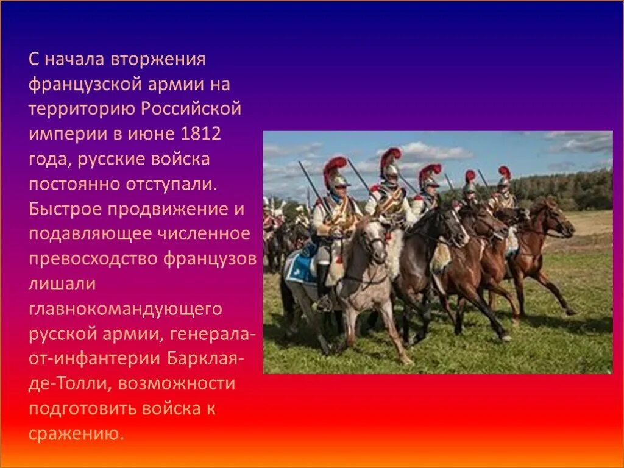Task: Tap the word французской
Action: pyautogui.click(x=79, y=85)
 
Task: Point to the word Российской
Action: pyautogui.click(x=192, y=110)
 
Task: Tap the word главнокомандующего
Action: pyautogui.click(x=125, y=309)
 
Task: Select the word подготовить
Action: pyautogui.click(x=82, y=408)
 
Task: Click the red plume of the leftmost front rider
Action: pyautogui.click(x=335, y=165)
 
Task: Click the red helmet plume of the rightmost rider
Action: pyautogui.click(x=505, y=172)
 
